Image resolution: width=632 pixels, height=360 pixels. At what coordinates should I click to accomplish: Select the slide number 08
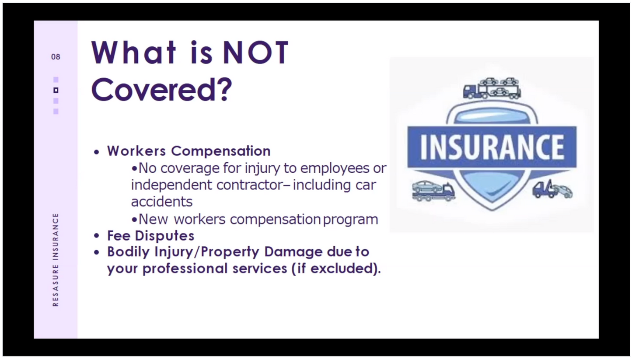coord(56,57)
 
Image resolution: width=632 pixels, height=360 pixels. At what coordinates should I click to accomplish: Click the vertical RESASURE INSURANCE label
coord(56,259)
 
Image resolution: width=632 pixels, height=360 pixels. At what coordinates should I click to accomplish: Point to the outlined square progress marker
coord(56,90)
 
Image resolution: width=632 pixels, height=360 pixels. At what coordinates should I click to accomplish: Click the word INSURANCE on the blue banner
coord(492,147)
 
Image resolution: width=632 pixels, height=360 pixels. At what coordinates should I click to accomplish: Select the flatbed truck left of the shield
coord(433,191)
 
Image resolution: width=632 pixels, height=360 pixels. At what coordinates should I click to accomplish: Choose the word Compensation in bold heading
coord(220,151)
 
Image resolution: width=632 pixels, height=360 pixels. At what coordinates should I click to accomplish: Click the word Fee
coord(119,236)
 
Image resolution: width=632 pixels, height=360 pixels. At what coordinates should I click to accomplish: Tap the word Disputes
coord(164,236)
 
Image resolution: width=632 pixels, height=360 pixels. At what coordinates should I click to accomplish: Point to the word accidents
coord(161,202)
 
